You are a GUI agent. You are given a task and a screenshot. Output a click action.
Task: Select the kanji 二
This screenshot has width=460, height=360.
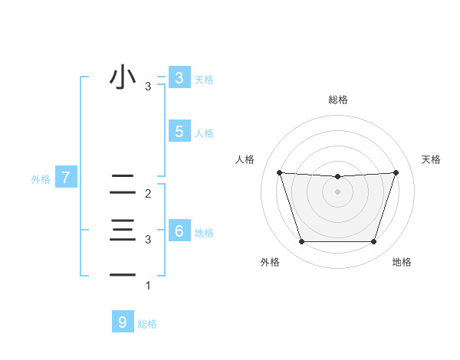point(123,184)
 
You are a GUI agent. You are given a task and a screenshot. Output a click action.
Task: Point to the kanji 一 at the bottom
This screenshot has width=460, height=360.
point(123,274)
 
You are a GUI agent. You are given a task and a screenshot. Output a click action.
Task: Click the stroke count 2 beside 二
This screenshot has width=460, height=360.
point(148,195)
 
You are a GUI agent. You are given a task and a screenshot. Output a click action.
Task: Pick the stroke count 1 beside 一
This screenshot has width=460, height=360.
point(148,286)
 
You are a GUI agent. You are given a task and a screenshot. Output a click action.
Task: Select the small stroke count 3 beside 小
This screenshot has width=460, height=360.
point(148,87)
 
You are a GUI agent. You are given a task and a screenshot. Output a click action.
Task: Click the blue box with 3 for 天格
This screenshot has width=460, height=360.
point(179,77)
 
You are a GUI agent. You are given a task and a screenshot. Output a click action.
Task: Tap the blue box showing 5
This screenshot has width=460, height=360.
point(179,132)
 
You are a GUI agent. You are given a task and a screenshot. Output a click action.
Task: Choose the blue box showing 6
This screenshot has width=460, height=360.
point(179,231)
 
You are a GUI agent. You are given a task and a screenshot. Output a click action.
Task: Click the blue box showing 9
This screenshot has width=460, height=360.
point(122,322)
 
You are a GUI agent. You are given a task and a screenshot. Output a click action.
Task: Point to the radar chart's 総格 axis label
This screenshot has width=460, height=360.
point(338,100)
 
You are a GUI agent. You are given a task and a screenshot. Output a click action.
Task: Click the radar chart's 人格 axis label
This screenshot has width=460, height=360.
point(245,159)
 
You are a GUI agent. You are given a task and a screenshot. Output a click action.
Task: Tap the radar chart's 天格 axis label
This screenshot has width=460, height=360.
point(432,159)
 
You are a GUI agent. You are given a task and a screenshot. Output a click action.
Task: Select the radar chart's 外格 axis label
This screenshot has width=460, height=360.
point(269,262)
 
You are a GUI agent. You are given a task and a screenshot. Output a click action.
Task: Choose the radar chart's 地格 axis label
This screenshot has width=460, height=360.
point(402,262)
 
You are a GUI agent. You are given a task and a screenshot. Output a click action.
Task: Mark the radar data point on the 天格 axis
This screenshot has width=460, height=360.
point(396,172)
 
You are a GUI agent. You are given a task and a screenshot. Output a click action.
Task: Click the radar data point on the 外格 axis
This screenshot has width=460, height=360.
point(301,242)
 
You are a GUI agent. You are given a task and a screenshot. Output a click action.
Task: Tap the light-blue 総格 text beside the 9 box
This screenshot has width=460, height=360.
point(147,324)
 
